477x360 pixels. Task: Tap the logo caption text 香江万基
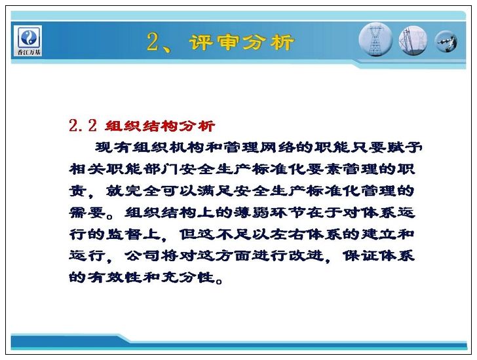pyautogui.click(x=29, y=52)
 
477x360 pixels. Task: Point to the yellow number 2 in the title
pyautogui.click(x=153, y=42)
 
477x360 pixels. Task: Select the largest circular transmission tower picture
pyautogui.click(x=375, y=41)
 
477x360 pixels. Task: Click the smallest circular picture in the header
pyautogui.click(x=446, y=41)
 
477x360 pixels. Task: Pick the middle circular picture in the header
pyautogui.click(x=413, y=41)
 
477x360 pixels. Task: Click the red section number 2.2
pyautogui.click(x=83, y=125)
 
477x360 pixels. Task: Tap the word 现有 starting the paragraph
pyautogui.click(x=104, y=148)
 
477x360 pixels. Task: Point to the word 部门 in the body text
pyautogui.click(x=161, y=170)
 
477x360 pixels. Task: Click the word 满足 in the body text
pyautogui.click(x=215, y=190)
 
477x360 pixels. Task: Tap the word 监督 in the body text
pyautogui.click(x=124, y=234)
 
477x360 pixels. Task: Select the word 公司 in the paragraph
pyautogui.click(x=142, y=256)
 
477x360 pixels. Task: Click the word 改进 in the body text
pyautogui.click(x=306, y=256)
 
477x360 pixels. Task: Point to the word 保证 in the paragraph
pyautogui.click(x=360, y=256)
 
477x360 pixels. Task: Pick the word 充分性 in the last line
pyautogui.click(x=187, y=278)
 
